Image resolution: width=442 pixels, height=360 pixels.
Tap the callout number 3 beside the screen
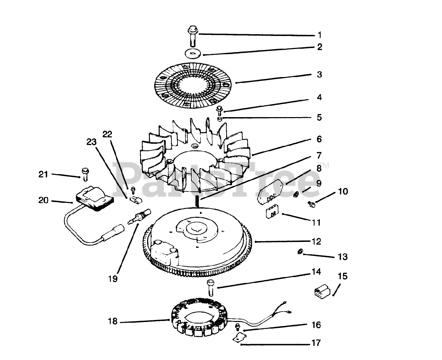(319, 75)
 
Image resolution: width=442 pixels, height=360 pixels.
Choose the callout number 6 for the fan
(319, 139)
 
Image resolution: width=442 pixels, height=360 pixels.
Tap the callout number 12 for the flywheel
(317, 241)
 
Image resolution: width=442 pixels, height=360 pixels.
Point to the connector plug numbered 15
(321, 291)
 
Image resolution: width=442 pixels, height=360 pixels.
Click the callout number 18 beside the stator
(113, 322)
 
